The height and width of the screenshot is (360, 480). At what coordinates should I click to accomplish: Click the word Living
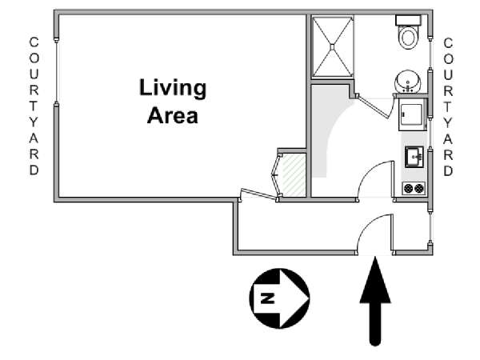tap(173, 89)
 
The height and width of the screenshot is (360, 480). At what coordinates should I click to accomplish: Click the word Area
tap(173, 115)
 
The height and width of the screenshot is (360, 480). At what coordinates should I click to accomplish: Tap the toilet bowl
tap(408, 38)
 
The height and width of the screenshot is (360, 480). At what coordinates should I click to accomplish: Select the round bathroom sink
tap(408, 82)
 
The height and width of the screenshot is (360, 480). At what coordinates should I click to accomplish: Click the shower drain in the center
tap(332, 46)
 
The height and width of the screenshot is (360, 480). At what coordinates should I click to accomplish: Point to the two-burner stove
tap(414, 188)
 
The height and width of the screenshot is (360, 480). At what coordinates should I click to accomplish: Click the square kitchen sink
tap(414, 157)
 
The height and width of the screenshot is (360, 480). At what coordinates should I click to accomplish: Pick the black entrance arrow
tap(375, 302)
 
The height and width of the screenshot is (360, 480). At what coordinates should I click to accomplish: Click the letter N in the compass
tap(267, 298)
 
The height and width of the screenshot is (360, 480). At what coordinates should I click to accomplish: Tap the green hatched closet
tap(294, 175)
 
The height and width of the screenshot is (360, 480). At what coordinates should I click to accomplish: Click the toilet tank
tap(408, 21)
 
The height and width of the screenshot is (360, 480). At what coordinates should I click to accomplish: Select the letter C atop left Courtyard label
tap(34, 42)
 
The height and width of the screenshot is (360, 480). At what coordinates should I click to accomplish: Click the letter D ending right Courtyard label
tap(448, 171)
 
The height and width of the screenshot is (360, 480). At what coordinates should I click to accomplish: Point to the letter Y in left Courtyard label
tap(34, 122)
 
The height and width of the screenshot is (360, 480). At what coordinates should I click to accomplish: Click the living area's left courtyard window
tap(56, 71)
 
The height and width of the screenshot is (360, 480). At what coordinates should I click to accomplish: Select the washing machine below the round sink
tap(413, 114)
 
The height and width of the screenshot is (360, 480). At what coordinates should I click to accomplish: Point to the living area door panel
tap(258, 194)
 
